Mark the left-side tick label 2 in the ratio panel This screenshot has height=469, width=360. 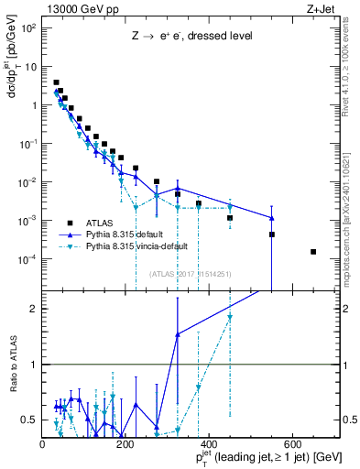click(34, 309)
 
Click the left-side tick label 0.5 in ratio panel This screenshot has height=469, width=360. click(30, 420)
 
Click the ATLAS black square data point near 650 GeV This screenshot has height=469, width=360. click(313, 252)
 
